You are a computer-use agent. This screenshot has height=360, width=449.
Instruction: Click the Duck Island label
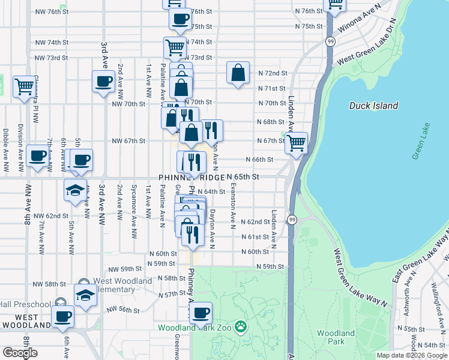[373, 106]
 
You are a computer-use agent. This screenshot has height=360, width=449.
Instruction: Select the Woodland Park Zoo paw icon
[241, 327]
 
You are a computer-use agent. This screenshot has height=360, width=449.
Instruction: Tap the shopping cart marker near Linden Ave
[296, 143]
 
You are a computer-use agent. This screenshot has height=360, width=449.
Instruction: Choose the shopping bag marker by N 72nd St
[238, 73]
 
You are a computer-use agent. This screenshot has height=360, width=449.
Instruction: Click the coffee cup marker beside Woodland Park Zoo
[200, 312]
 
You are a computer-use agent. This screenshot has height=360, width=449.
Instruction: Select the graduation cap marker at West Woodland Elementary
[85, 295]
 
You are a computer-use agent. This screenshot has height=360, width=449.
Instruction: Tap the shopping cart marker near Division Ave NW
[24, 86]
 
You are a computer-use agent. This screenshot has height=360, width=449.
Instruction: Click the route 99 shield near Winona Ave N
[331, 41]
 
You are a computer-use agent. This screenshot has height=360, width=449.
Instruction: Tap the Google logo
[20, 353]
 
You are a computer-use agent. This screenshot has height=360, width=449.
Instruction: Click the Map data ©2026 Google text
[412, 355]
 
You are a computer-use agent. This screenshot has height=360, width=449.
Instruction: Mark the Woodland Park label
[336, 337]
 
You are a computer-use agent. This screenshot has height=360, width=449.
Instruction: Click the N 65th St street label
[243, 178]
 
